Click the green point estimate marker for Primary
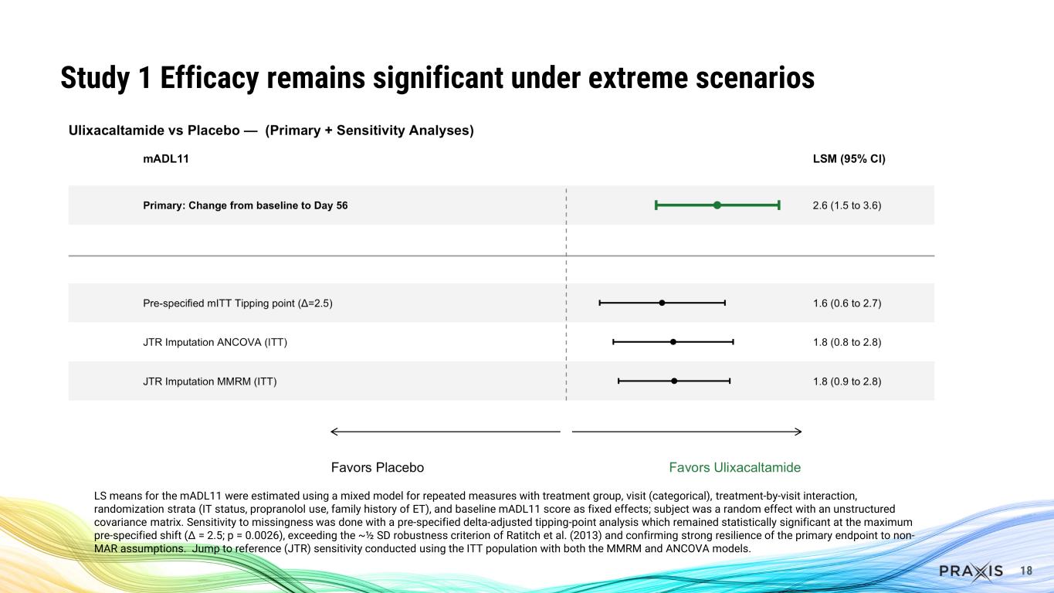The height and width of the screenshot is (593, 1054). click(x=717, y=205)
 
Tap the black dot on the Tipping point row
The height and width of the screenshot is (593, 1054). click(x=662, y=303)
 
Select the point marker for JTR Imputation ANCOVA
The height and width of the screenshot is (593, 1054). click(x=673, y=342)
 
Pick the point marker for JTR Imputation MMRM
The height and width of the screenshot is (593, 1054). click(x=674, y=381)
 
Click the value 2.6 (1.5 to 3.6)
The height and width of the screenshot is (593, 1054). click(x=847, y=205)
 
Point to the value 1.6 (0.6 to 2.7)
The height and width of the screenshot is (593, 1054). click(x=847, y=303)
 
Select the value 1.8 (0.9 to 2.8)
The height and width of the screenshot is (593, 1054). click(x=847, y=381)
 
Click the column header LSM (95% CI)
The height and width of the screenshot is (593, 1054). click(x=844, y=160)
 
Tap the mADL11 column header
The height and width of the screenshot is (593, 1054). click(x=166, y=160)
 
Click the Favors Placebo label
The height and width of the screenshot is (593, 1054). click(x=378, y=468)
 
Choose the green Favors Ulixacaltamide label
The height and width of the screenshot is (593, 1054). click(x=734, y=468)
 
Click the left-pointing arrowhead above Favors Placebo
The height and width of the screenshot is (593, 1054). click(x=334, y=431)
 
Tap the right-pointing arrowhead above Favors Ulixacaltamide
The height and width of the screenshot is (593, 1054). click(x=798, y=431)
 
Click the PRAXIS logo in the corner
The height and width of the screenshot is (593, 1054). click(x=971, y=571)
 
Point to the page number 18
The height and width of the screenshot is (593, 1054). click(x=1026, y=571)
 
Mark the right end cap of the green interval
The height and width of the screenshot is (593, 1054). click(x=779, y=205)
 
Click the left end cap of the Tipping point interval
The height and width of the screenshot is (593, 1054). click(x=600, y=303)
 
